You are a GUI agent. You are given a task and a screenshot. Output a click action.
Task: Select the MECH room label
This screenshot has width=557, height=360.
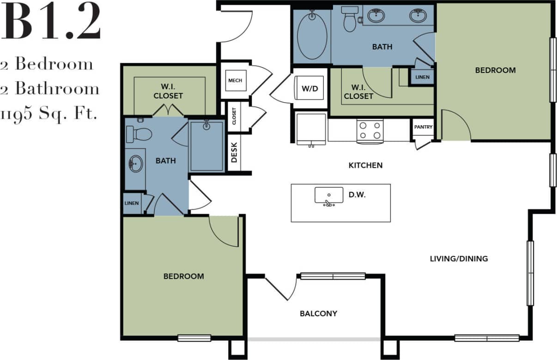click(235, 80)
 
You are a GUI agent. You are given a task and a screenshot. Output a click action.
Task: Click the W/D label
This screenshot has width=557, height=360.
click(310, 89)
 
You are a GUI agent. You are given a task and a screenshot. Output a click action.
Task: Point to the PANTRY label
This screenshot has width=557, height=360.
click(423, 127)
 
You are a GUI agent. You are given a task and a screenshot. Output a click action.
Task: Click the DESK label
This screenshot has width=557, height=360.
click(234, 153)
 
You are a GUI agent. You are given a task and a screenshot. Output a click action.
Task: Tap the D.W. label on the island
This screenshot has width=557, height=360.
click(357, 195)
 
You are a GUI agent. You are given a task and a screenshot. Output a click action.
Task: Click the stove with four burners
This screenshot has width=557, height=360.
click(370, 130)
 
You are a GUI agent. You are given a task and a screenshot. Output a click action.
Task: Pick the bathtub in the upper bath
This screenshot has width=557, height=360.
click(312, 36)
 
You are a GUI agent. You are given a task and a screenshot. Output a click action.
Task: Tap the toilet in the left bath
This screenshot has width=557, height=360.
click(139, 134)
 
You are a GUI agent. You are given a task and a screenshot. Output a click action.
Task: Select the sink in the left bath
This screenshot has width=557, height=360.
click(135, 164)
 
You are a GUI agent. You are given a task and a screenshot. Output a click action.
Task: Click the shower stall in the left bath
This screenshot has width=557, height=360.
click(207, 146)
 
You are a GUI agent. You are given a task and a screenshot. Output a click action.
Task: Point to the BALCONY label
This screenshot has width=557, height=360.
click(318, 313)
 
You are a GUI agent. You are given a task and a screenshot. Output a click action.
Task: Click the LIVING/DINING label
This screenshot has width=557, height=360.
click(459, 258)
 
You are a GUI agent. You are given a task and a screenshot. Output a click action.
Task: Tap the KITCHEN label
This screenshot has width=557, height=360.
click(365, 165)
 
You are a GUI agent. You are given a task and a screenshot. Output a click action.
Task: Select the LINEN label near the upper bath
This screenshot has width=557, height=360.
click(422, 77)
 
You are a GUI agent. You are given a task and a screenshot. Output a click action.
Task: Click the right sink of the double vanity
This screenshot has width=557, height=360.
click(418, 16)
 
